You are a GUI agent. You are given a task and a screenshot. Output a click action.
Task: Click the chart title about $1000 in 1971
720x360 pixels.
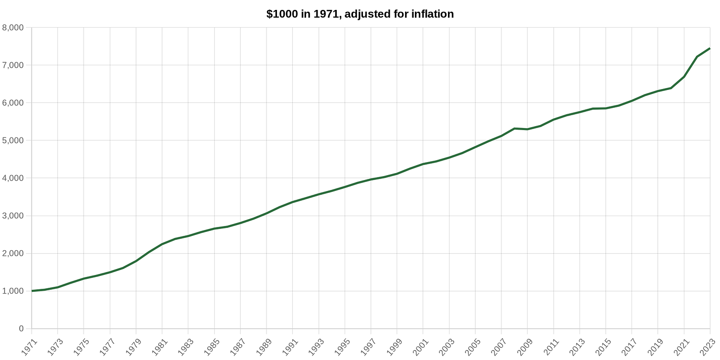pyautogui.click(x=360, y=14)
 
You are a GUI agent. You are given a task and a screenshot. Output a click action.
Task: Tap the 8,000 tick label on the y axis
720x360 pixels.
pyautogui.click(x=14, y=28)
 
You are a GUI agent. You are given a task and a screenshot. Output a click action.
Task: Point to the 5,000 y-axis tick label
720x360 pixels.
pyautogui.click(x=14, y=140)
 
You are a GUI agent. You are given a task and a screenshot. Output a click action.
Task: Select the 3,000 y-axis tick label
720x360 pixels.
pyautogui.click(x=14, y=216)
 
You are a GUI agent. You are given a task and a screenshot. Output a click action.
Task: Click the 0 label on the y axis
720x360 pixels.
pyautogui.click(x=21, y=329)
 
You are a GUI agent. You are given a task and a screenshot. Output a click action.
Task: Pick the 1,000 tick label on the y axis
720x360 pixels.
pyautogui.click(x=14, y=291)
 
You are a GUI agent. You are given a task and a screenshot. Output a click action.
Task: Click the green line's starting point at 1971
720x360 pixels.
pyautogui.click(x=32, y=291)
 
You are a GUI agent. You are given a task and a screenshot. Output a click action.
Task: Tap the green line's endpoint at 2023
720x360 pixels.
pyautogui.click(x=710, y=48)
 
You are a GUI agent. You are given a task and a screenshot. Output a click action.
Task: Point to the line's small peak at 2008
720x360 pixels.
pyautogui.click(x=515, y=129)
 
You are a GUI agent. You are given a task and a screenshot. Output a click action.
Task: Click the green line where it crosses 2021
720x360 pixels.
pyautogui.click(x=684, y=77)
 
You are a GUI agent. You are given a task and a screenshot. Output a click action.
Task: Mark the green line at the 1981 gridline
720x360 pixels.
pyautogui.click(x=162, y=244)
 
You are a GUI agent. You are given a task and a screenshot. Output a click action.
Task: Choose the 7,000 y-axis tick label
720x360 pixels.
pyautogui.click(x=14, y=65)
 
